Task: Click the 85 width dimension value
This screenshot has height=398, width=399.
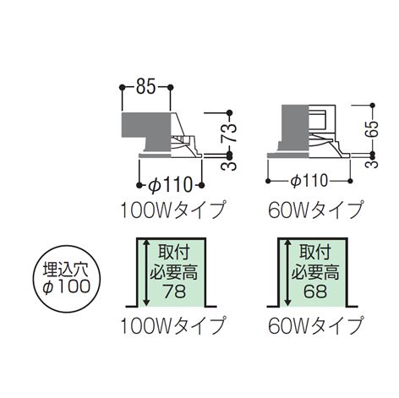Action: click(145, 87)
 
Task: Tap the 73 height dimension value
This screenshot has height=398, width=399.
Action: click(228, 134)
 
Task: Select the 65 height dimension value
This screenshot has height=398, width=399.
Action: click(372, 129)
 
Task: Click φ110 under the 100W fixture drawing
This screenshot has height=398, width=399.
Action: click(170, 185)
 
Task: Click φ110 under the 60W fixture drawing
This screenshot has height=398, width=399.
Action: click(309, 180)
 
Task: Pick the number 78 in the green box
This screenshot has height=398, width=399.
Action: click(175, 292)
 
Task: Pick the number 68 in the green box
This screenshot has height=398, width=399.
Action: click(315, 292)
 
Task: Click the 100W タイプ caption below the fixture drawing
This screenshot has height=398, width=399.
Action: click(173, 210)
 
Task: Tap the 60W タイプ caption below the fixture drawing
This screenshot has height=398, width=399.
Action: click(315, 210)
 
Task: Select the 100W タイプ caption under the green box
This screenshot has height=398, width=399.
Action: click(173, 325)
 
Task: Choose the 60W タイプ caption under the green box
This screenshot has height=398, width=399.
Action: click(315, 325)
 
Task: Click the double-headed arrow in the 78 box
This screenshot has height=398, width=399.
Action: click(146, 272)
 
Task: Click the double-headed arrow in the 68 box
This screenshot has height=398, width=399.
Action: click(287, 272)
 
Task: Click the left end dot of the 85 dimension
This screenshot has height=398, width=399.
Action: click(122, 87)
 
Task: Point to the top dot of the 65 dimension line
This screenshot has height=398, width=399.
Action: click(373, 106)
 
